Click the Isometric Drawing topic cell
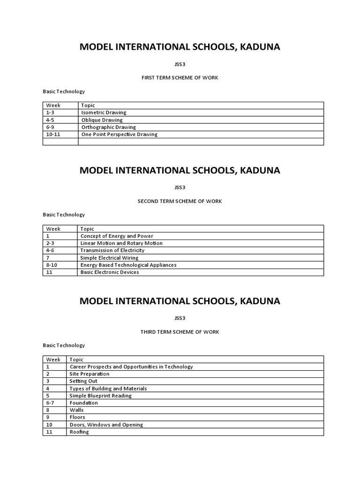coord(104,112)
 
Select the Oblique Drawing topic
coord(102,120)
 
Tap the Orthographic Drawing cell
coord(108,127)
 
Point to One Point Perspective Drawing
coord(119,135)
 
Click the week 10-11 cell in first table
coord(54,135)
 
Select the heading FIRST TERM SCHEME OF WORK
coord(180,78)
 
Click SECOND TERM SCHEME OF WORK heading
coord(180,201)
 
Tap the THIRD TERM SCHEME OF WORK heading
coord(180,332)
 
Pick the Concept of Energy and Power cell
coord(117,236)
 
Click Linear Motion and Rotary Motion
coord(121,243)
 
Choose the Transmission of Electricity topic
coord(112,250)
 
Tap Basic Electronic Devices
coord(110,272)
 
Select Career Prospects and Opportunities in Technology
coord(131,367)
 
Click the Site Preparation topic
coord(90,374)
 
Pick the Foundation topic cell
coord(84,403)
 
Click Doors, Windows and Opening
coord(106,425)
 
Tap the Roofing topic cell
coord(79,432)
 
